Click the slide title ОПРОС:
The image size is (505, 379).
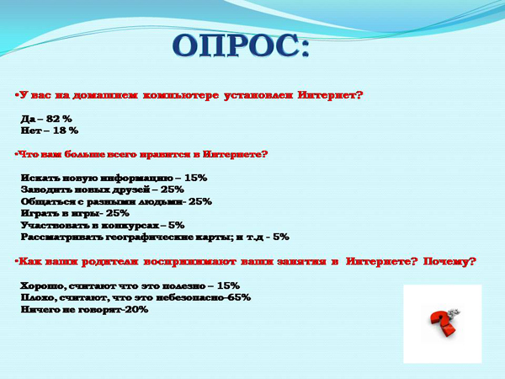[241, 45]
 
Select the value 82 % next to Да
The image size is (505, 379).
[59, 119]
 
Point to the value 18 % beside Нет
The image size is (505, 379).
[66, 131]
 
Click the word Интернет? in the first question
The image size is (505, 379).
[331, 95]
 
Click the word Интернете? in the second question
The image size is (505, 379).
[236, 154]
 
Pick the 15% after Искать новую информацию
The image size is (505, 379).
[196, 178]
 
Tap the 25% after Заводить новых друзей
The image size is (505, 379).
[173, 189]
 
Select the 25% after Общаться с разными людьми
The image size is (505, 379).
[200, 201]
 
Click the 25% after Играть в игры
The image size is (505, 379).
[118, 213]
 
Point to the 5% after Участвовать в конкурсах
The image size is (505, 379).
[177, 225]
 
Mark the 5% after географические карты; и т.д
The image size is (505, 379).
[281, 237]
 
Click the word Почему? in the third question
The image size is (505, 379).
[449, 261]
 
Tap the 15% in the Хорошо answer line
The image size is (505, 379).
[228, 286]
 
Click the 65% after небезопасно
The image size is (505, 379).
[239, 297]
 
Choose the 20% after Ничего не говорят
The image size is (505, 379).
[136, 309]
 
